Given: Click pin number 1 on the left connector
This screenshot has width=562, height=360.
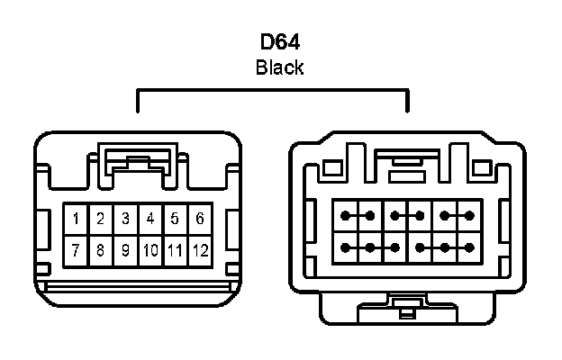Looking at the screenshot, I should click(77, 219).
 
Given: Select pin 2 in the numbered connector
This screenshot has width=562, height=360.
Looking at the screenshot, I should click(101, 219).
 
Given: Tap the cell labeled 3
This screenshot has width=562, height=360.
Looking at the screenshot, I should click(126, 219).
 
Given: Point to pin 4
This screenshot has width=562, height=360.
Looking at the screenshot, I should click(150, 219).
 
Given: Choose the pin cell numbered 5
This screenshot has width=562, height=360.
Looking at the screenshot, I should click(175, 219).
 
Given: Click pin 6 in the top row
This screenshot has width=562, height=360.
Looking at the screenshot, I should click(199, 219).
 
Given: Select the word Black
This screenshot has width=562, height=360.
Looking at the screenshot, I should click(279, 67).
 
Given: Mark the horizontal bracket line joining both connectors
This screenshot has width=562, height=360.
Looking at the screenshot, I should click(272, 91).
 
